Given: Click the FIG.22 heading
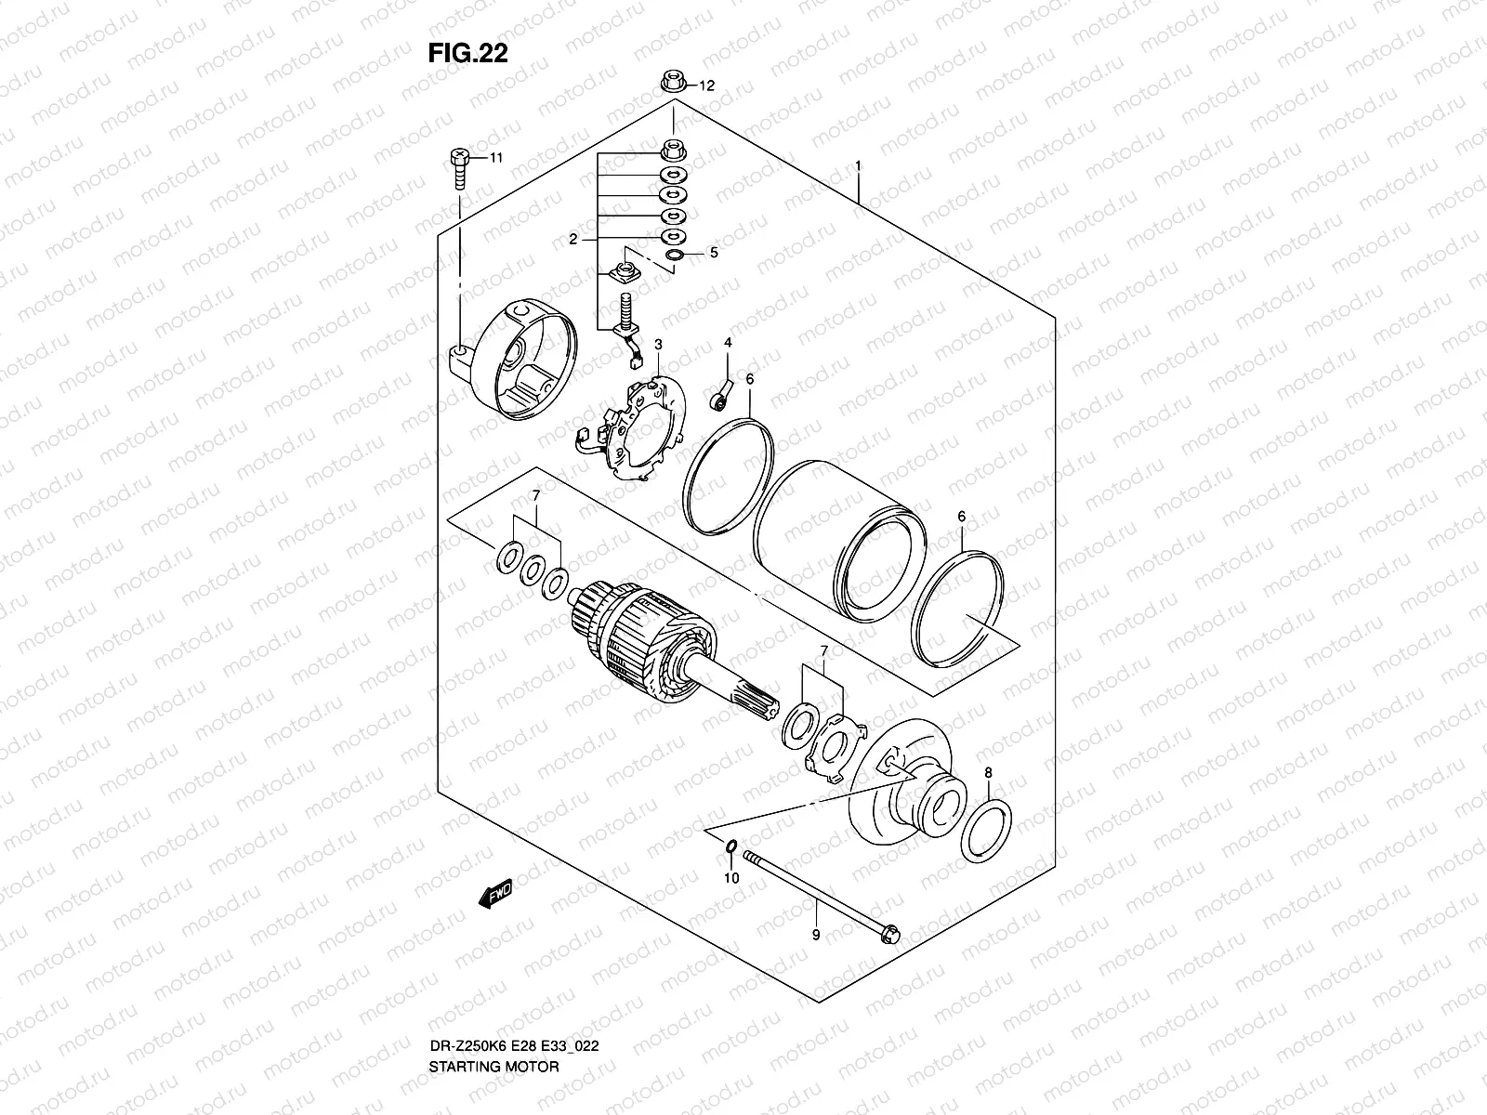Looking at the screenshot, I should tap(467, 54).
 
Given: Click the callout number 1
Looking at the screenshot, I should tap(858, 165).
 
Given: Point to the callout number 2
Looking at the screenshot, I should tap(573, 239).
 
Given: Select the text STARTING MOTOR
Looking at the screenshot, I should tap(493, 1067).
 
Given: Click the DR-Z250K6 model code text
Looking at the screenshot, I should tap(465, 1046).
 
